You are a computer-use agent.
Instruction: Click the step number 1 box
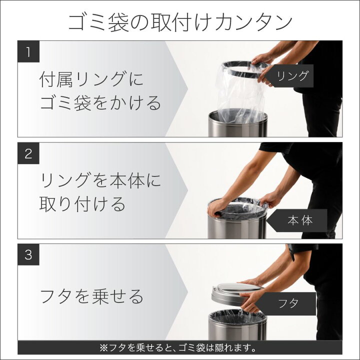(x=28, y=51)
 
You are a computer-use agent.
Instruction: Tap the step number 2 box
(x=28, y=153)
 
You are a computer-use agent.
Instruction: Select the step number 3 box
(x=28, y=254)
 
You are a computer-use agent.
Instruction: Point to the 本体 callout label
(x=298, y=220)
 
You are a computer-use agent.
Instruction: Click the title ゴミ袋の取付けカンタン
(x=180, y=22)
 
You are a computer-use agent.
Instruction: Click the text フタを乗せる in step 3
(x=92, y=296)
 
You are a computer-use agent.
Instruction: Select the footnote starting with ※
(x=178, y=348)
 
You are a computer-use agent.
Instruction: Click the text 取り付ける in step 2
(x=82, y=203)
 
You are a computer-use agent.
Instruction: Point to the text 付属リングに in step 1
(x=91, y=79)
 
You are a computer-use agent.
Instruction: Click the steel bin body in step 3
(x=237, y=326)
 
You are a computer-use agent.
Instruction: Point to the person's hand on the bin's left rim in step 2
(x=217, y=208)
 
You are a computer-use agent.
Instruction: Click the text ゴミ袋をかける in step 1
(x=100, y=103)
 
